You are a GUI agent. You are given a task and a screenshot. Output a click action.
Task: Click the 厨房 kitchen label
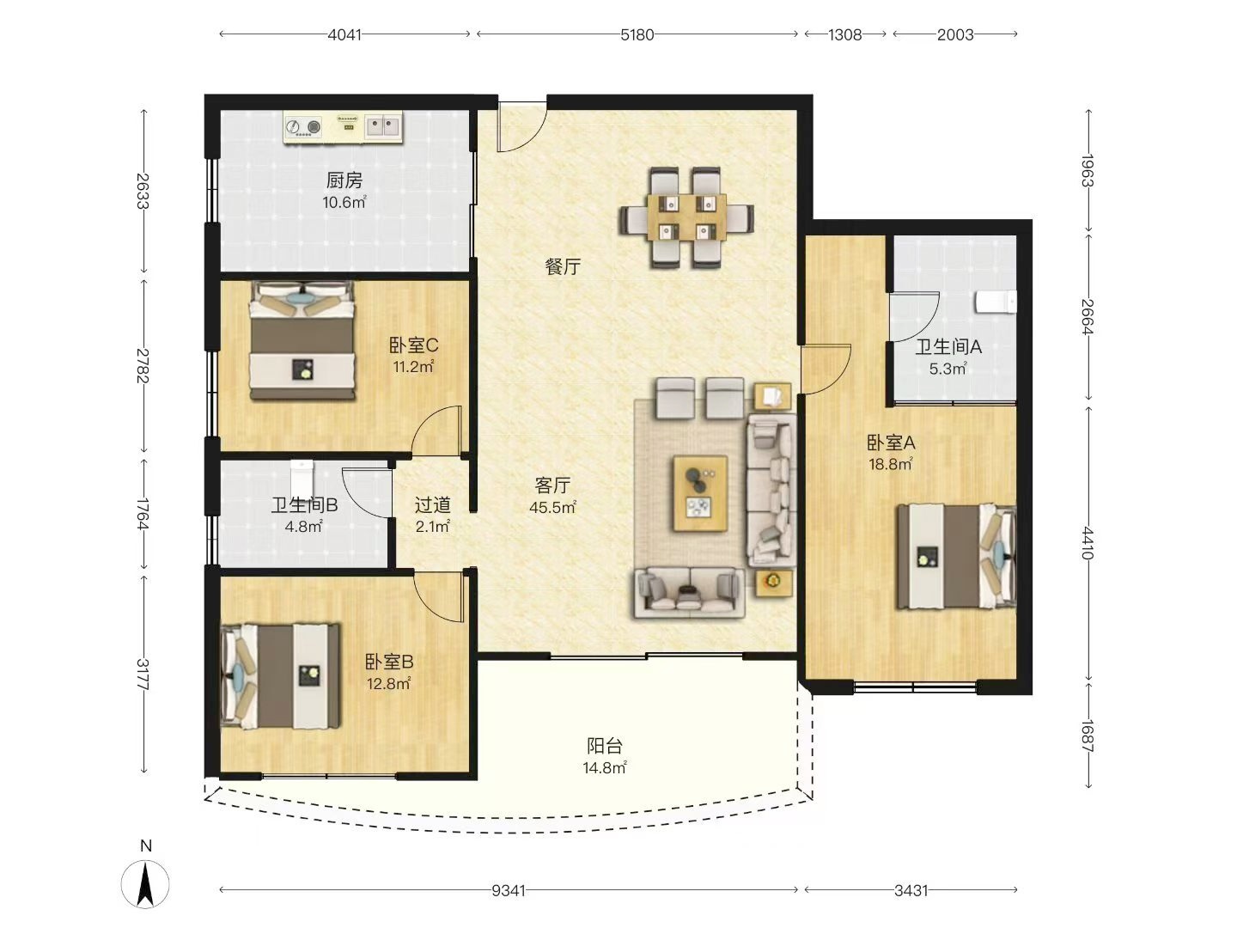click(x=344, y=180)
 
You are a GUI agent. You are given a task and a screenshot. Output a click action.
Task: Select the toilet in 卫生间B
click(x=302, y=476)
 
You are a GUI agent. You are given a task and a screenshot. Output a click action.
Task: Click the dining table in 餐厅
click(x=686, y=217)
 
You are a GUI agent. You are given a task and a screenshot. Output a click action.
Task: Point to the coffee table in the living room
click(x=700, y=493)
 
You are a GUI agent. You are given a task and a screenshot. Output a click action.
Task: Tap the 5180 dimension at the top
click(x=637, y=35)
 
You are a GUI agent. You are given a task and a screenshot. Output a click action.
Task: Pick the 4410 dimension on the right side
click(x=1088, y=543)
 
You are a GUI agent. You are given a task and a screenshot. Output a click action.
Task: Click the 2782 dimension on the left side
click(x=143, y=366)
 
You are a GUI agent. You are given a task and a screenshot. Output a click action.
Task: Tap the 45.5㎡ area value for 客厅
click(x=552, y=507)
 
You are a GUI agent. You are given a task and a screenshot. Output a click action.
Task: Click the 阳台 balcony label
click(x=605, y=746)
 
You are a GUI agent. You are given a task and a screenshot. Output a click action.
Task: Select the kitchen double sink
click(x=383, y=127)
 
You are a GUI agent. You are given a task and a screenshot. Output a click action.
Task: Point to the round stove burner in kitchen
click(x=314, y=127)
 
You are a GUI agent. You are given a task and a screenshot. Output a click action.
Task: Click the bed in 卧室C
click(x=302, y=341)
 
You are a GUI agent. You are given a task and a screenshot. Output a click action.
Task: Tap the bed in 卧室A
click(x=956, y=557)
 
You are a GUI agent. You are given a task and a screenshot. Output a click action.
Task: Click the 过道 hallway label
click(x=433, y=505)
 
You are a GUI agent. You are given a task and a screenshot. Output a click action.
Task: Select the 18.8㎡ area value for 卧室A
click(x=891, y=464)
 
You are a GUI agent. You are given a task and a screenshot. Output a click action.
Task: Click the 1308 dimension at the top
click(x=844, y=35)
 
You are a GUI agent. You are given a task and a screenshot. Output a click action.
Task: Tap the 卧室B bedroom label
click(x=389, y=661)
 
